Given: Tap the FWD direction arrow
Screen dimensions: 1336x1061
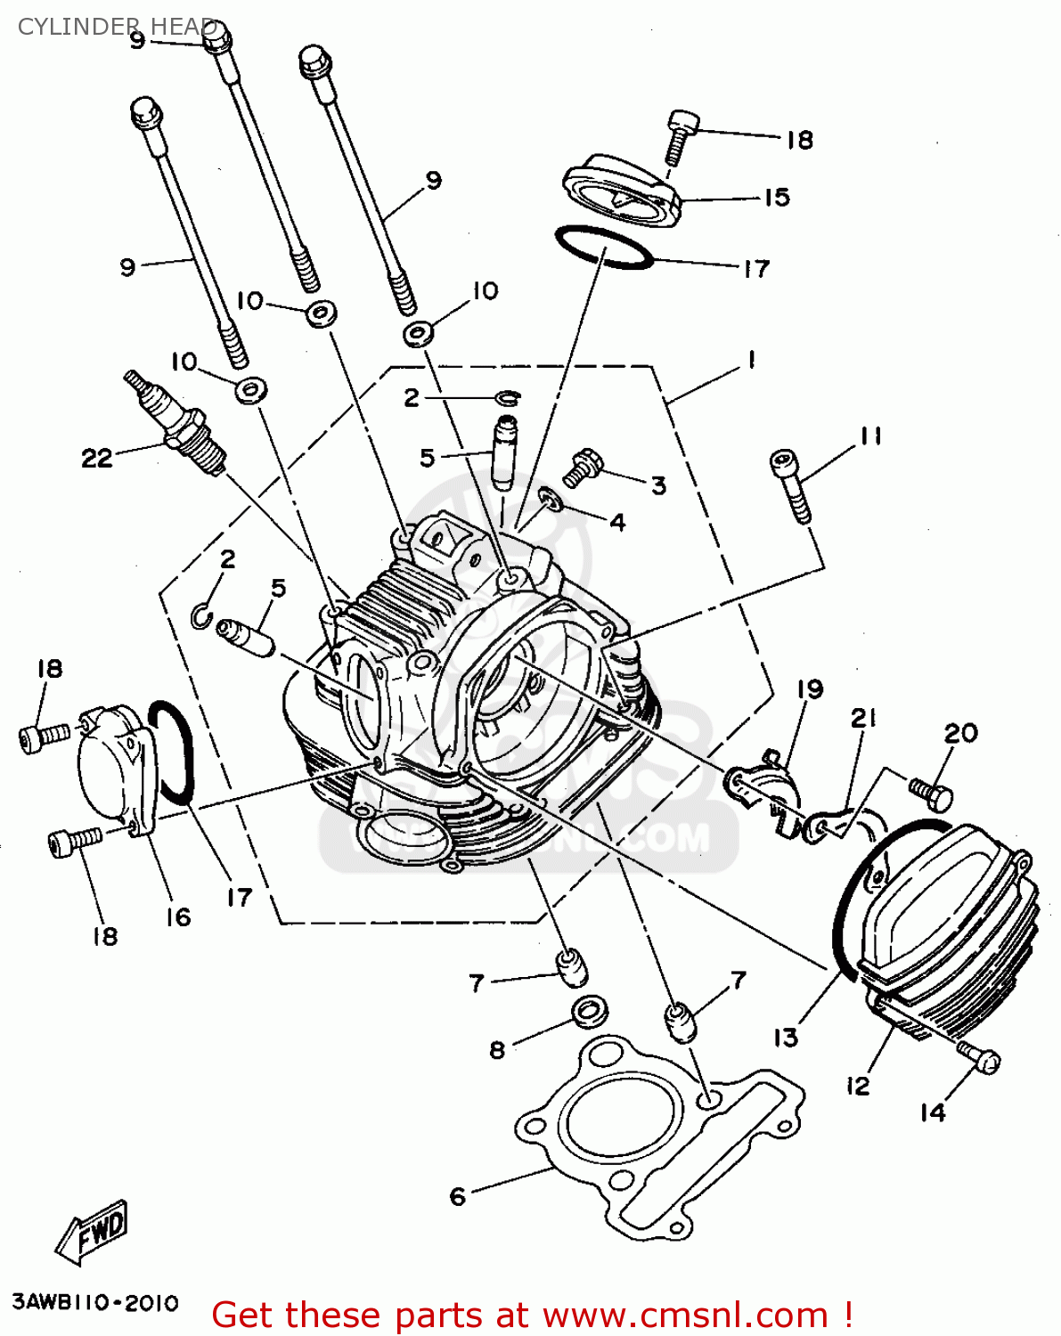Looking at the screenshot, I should tap(93, 1235).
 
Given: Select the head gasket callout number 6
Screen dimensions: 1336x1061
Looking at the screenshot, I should tap(458, 1196).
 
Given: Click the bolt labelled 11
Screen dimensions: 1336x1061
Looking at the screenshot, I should tap(791, 484).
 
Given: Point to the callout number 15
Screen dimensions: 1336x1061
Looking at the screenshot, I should tap(777, 197).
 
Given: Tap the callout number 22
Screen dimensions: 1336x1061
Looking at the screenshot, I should tap(97, 458).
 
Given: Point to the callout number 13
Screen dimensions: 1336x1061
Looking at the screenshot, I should tap(786, 1038).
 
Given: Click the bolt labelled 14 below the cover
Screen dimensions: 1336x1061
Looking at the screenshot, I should tap(981, 1057).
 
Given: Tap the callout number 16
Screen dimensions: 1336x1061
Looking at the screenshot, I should tap(178, 916).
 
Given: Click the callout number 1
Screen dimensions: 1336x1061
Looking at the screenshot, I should tap(752, 360).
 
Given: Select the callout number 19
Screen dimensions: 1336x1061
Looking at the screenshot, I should tap(810, 688).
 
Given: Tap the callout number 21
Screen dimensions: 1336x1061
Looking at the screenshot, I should tap(863, 718).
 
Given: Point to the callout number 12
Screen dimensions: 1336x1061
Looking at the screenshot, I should tap(857, 1086).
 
